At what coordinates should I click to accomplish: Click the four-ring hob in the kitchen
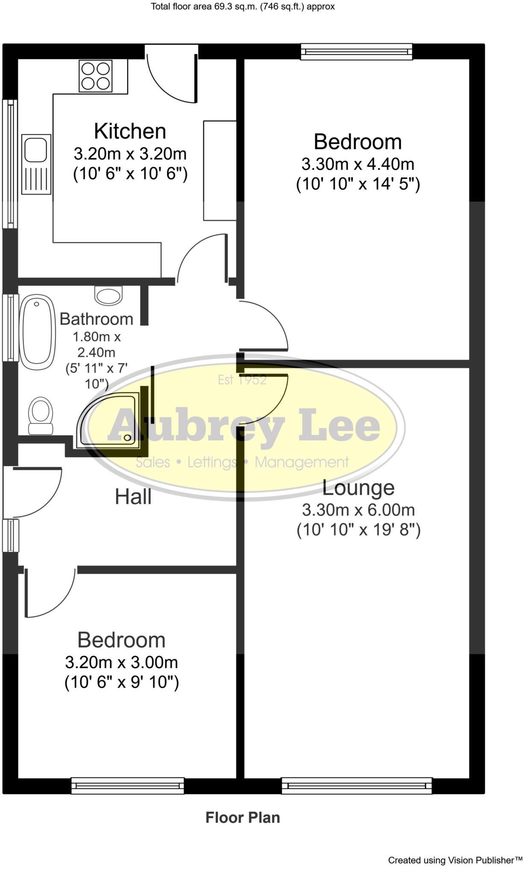(x=95, y=76)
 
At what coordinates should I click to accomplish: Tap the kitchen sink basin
(x=35, y=149)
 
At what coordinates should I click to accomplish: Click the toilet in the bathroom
(x=40, y=415)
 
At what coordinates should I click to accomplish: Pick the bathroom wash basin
(x=108, y=295)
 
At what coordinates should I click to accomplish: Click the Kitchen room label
(x=130, y=131)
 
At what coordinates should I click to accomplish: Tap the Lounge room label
(x=358, y=488)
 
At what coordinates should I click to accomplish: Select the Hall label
(x=133, y=497)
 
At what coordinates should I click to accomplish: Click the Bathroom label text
(x=96, y=319)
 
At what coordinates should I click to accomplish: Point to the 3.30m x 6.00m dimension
(x=358, y=510)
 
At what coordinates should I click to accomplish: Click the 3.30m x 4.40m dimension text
(x=358, y=164)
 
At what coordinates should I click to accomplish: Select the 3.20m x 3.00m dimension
(x=121, y=662)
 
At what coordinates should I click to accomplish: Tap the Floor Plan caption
(x=243, y=817)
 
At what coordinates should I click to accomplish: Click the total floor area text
(x=243, y=6)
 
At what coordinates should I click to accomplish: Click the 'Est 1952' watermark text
(x=242, y=379)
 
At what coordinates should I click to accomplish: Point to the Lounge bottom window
(x=356, y=786)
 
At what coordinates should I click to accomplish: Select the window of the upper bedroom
(x=356, y=51)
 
